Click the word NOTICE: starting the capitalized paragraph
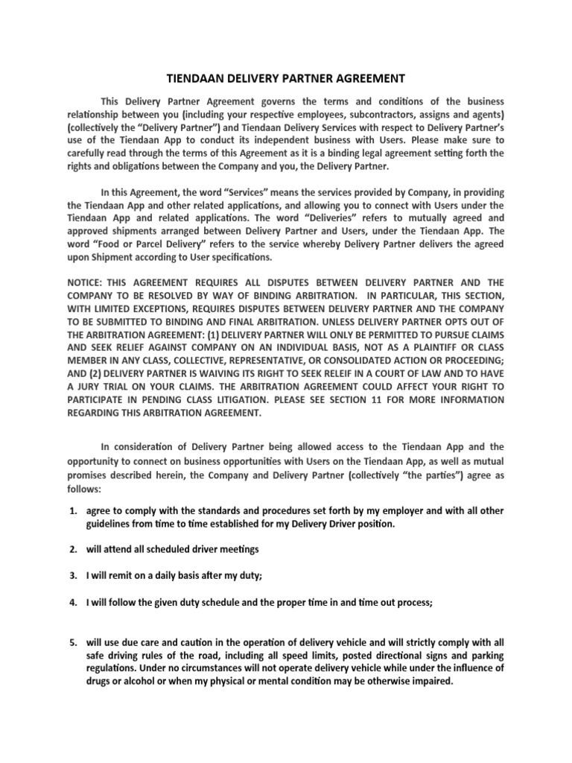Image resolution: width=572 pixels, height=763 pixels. [85, 284]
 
